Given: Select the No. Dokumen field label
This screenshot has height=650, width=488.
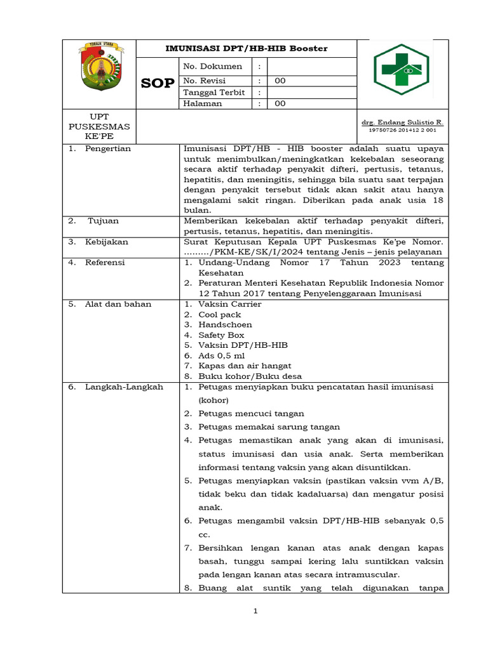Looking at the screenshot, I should (x=212, y=66).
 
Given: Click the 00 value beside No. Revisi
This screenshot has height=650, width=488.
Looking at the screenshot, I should (x=280, y=81).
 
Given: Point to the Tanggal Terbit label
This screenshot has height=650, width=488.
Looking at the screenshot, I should (x=213, y=93).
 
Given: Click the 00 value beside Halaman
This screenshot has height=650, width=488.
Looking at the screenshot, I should (x=280, y=103).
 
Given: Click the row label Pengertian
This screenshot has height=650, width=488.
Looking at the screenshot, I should (x=108, y=149).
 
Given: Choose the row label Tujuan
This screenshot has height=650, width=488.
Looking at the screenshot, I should (x=103, y=221).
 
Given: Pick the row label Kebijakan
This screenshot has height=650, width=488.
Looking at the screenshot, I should (x=107, y=242).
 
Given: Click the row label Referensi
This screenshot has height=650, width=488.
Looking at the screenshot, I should (x=105, y=262).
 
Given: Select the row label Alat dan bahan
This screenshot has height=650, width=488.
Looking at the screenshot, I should (x=118, y=304).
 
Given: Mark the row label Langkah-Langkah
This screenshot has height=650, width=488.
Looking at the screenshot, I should (x=124, y=387).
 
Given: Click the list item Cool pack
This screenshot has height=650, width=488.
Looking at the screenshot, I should (x=220, y=314).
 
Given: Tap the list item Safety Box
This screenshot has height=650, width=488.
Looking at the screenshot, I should (x=221, y=335).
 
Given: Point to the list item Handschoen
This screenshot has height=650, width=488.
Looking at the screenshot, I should (x=225, y=324).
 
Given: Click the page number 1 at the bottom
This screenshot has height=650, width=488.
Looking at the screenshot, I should (x=255, y=611).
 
